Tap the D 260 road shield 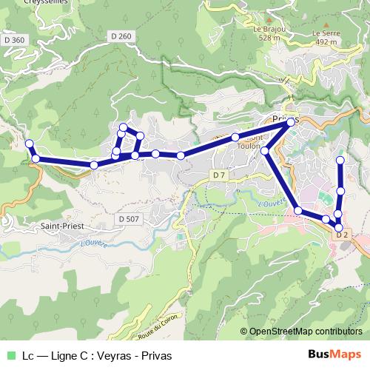tap(120, 36)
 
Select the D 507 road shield tap(127, 218)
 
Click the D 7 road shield tap(218, 175)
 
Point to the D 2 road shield tap(342, 235)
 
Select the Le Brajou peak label tap(266, 30)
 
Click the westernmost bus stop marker tap(30, 144)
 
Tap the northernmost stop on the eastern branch tap(340, 160)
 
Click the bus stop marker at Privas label tap(291, 122)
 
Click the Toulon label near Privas tap(246, 147)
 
